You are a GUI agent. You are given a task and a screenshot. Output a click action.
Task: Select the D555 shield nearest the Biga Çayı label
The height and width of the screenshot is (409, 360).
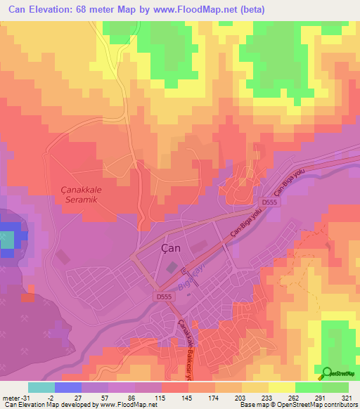(163, 297)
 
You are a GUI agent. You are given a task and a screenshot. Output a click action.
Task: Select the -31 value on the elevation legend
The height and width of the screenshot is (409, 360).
(27, 397)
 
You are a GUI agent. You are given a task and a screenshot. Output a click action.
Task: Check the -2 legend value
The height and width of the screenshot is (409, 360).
(51, 397)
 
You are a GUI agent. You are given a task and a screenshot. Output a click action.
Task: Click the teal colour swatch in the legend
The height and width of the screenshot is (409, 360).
(41, 387)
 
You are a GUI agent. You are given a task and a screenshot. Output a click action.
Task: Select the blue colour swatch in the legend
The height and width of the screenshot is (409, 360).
(68, 387)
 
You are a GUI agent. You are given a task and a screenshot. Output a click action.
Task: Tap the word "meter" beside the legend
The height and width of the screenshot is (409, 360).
(11, 397)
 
